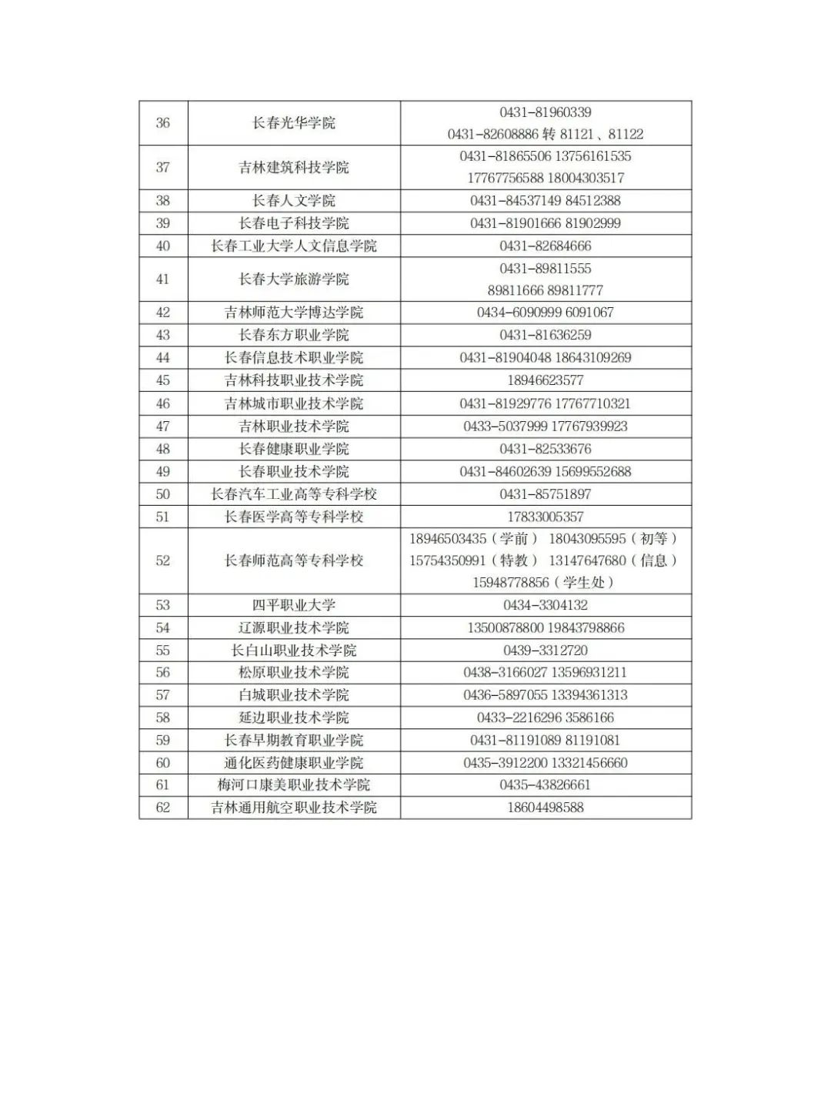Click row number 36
pos(163,123)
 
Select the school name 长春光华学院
pos(294,123)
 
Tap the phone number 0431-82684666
pos(546,246)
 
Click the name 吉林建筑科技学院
pos(294,168)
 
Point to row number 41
pos(163,279)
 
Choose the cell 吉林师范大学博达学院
pos(294,313)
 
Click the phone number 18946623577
pos(546,380)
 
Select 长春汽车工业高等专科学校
pos(294,494)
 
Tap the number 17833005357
pos(546,517)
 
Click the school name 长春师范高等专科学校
pos(294,560)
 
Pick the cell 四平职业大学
pos(294,605)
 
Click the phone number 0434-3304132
pos(546,605)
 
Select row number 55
pos(163,651)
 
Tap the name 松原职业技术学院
pos(294,673)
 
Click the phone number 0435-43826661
pos(546,785)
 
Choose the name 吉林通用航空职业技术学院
pos(294,808)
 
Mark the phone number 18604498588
pos(546,808)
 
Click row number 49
pos(163,472)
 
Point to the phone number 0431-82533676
pos(546,449)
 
